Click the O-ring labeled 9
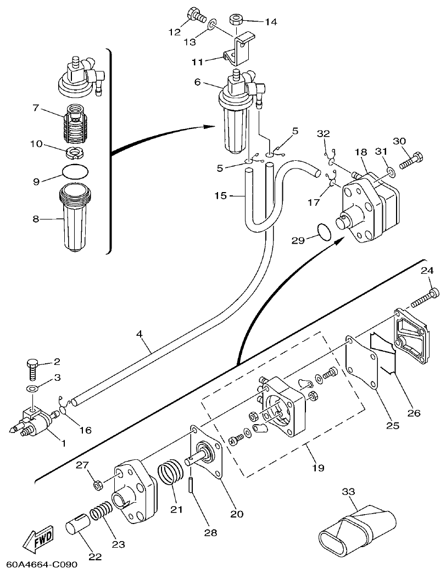point(75,171)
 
